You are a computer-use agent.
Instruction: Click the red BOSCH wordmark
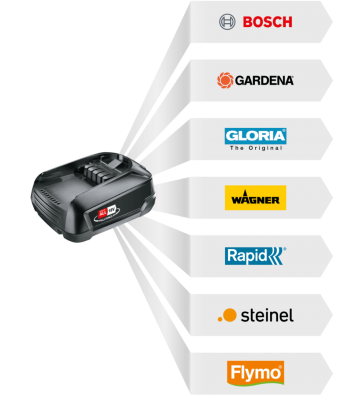coord(265,20)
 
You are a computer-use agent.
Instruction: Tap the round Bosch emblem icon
coord(226,20)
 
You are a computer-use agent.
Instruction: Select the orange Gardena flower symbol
coord(226,79)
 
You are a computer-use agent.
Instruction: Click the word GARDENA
coord(265,79)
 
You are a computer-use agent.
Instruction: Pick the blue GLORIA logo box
coord(255,135)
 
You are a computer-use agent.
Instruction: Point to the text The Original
coord(255,147)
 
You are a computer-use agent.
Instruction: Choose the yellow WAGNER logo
coord(255,197)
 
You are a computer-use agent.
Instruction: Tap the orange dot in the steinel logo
coord(229,315)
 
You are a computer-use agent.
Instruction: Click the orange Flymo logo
coord(255,373)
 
